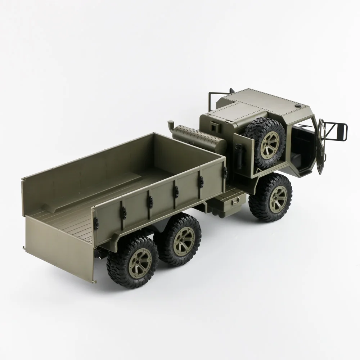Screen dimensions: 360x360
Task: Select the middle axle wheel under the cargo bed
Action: [180, 240]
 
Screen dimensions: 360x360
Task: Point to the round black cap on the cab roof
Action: [298, 107]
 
